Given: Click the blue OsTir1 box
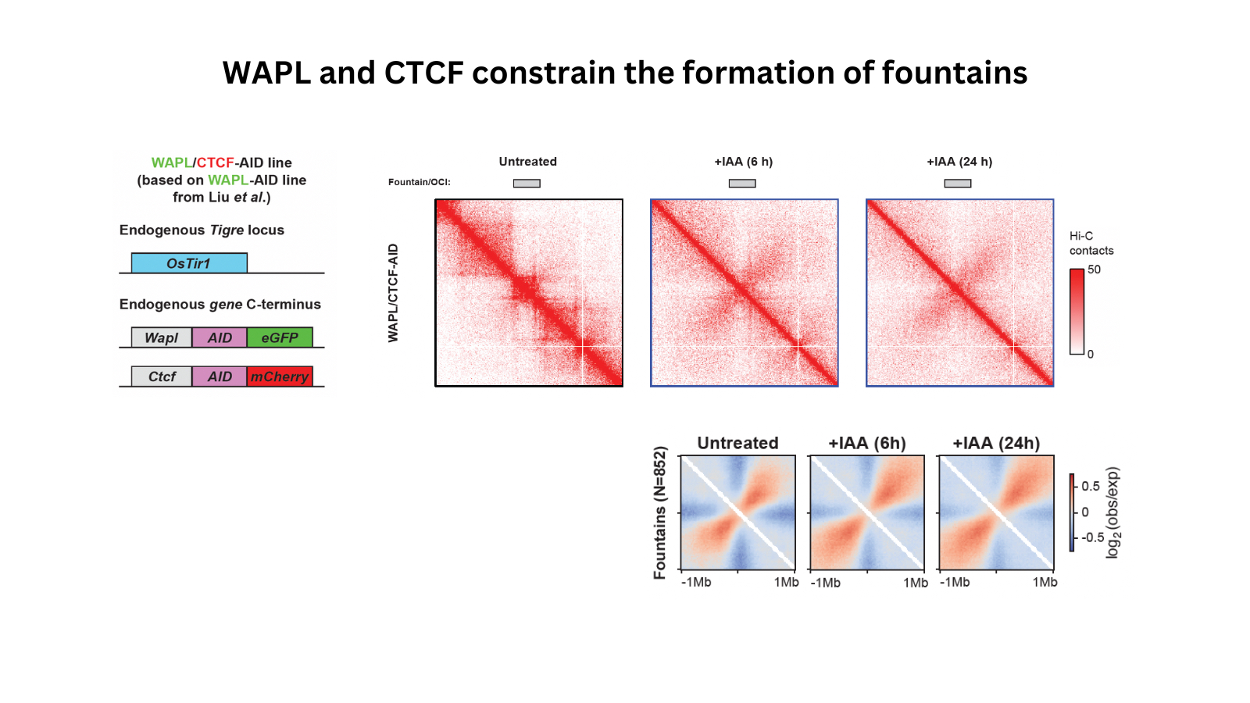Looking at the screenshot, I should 189,263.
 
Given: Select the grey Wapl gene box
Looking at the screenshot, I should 161,337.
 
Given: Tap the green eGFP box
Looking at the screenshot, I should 280,337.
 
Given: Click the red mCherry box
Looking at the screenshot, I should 280,376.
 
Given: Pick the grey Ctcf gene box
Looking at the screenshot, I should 162,376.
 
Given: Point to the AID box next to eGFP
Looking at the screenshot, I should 220,337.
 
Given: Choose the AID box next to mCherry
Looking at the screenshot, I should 220,376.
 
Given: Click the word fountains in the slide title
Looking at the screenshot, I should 955,73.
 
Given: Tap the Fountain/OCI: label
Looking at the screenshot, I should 420,182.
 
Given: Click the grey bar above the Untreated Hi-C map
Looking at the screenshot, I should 527,184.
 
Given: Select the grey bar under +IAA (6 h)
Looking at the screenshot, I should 742,184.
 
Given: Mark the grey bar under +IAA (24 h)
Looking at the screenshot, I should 958,184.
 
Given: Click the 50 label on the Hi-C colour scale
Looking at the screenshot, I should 1094,269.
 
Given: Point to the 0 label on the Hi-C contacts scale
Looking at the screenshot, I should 1091,354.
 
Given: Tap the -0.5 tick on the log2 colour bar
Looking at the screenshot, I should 1092,537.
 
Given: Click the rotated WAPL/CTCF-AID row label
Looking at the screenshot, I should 393,293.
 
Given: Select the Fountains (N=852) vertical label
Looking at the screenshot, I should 660,512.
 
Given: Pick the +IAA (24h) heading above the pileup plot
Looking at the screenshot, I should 996,443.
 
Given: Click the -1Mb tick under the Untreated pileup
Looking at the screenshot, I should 696,582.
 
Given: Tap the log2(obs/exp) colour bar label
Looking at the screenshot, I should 1112,512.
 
